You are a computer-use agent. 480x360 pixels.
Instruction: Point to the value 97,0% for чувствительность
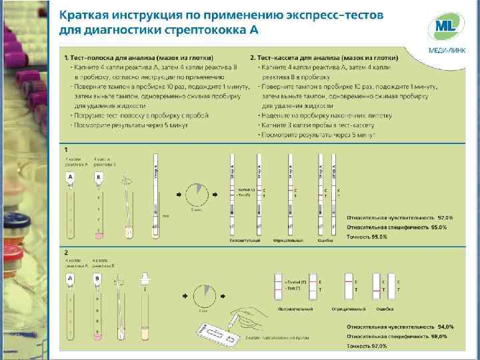(445, 218)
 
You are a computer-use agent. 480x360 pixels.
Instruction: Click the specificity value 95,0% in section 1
(437, 227)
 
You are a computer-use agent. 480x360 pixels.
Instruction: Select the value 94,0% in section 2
(445, 327)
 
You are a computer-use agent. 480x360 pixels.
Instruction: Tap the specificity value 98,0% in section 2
(439, 336)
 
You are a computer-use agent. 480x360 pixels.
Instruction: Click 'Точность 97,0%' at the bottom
(367, 346)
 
